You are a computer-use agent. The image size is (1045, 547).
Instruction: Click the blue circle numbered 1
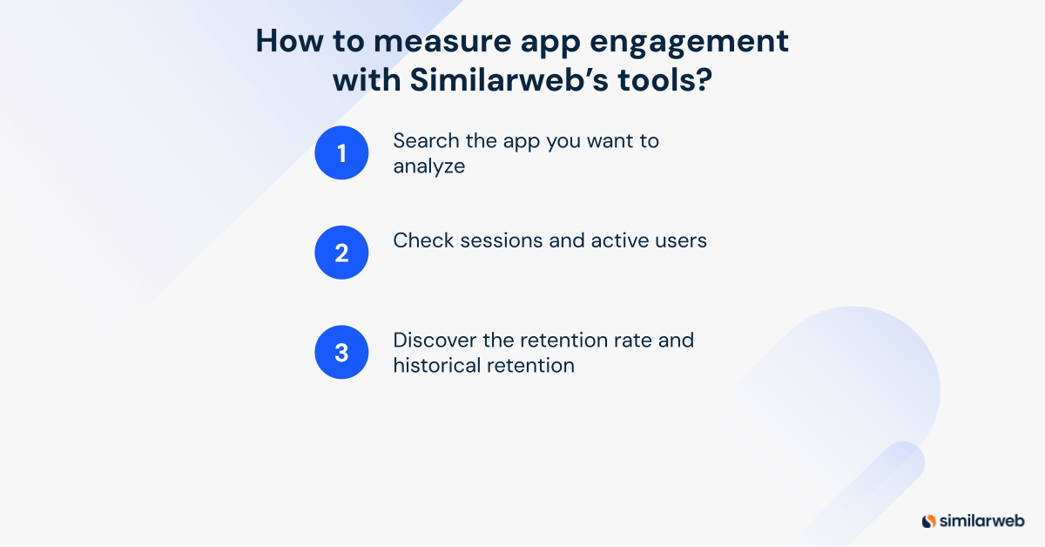(341, 153)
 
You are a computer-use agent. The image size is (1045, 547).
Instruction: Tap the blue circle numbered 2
(341, 253)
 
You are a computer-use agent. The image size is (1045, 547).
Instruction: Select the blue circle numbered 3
(341, 352)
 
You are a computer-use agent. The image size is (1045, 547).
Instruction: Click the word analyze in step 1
(428, 166)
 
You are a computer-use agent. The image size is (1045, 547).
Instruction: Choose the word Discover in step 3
(432, 340)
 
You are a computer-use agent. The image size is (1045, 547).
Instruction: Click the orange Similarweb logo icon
(928, 521)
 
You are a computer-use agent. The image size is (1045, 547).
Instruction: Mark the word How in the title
(285, 43)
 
